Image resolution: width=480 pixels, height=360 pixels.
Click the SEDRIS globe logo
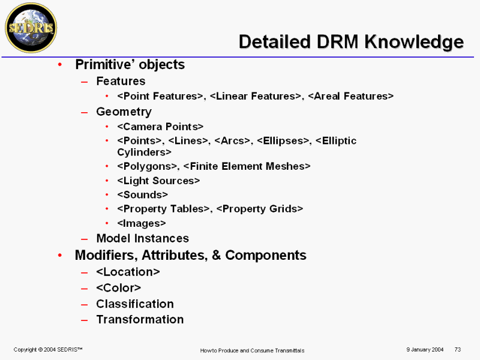[x=31, y=28]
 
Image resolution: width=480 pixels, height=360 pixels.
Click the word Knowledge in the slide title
[x=414, y=42]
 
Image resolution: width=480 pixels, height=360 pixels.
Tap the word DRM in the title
[x=337, y=41]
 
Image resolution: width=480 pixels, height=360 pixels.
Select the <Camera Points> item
[x=160, y=127]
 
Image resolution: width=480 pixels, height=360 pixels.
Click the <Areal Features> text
[x=351, y=96]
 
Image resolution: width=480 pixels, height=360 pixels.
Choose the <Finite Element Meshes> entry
[x=247, y=166]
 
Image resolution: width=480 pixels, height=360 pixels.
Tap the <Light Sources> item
[x=158, y=181]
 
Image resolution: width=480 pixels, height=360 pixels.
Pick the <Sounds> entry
[x=142, y=194]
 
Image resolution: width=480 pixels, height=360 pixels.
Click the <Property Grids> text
[x=260, y=209]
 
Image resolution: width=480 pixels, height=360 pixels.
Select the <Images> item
[x=142, y=223]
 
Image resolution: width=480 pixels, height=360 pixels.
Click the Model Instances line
[x=143, y=238]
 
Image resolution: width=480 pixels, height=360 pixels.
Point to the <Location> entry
[x=128, y=272]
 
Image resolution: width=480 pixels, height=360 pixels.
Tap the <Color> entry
[x=118, y=288]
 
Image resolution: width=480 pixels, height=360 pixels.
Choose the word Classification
[x=135, y=304]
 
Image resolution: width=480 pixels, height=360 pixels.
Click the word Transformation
[x=140, y=320]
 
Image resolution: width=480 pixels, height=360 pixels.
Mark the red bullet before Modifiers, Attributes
[x=60, y=255]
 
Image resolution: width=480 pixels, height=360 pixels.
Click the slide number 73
[x=458, y=349]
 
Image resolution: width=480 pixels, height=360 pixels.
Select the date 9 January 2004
[x=425, y=349]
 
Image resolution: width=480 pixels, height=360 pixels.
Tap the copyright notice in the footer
[x=48, y=350]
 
